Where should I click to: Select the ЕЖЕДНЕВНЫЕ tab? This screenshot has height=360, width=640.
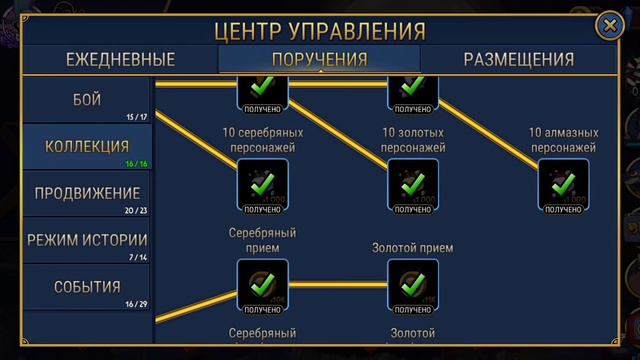point(121,59)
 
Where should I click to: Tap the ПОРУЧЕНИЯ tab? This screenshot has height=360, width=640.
point(320,59)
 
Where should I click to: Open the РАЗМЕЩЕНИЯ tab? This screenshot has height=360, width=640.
point(518,59)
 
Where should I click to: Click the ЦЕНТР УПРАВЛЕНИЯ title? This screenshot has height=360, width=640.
point(320,31)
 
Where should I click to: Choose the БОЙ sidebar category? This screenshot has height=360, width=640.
point(87,100)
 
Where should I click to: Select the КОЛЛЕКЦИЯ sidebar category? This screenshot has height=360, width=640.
point(87,148)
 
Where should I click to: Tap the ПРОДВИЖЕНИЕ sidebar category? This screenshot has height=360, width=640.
point(87,194)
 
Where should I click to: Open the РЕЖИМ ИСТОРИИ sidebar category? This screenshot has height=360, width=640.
point(87,241)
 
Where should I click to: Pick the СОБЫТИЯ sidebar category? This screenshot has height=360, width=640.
point(87,288)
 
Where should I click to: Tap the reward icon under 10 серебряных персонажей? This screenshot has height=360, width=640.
point(262,184)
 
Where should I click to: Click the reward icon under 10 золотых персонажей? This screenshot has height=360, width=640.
point(412,184)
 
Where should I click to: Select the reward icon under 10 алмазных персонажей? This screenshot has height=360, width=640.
point(563,184)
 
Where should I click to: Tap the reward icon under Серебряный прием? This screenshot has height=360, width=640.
point(262,284)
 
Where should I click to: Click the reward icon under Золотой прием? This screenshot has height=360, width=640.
point(412,284)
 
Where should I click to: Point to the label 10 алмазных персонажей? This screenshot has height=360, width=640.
point(563,140)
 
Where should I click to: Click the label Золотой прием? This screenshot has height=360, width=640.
point(412,248)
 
